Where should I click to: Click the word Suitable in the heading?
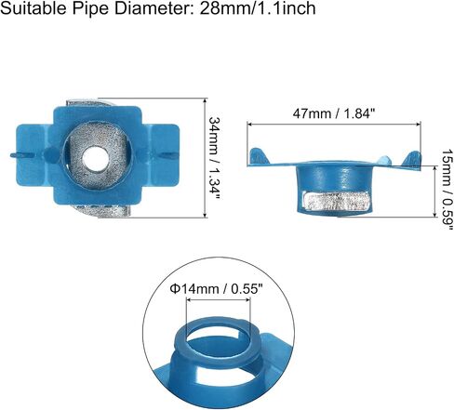33,7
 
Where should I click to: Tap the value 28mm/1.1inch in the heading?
258,7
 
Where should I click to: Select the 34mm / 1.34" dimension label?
215,158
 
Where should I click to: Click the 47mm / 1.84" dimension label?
334,113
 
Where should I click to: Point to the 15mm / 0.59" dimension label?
447,190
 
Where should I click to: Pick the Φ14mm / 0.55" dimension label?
216,289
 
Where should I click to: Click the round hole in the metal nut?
95,158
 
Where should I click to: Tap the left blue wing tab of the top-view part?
33,155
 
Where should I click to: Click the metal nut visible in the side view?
337,201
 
